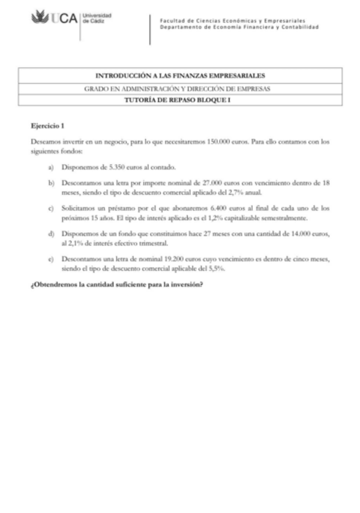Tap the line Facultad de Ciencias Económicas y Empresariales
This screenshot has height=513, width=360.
click(x=232, y=21)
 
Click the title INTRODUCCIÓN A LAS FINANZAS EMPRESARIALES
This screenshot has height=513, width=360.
click(x=180, y=76)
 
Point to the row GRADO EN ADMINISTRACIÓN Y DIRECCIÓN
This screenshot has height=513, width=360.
click(x=180, y=88)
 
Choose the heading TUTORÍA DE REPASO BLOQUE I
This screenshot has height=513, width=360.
click(x=180, y=99)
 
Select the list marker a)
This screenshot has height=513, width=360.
click(x=51, y=166)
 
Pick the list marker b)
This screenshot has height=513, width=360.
click(x=51, y=181)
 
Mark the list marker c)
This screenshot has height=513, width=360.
click(x=51, y=208)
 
